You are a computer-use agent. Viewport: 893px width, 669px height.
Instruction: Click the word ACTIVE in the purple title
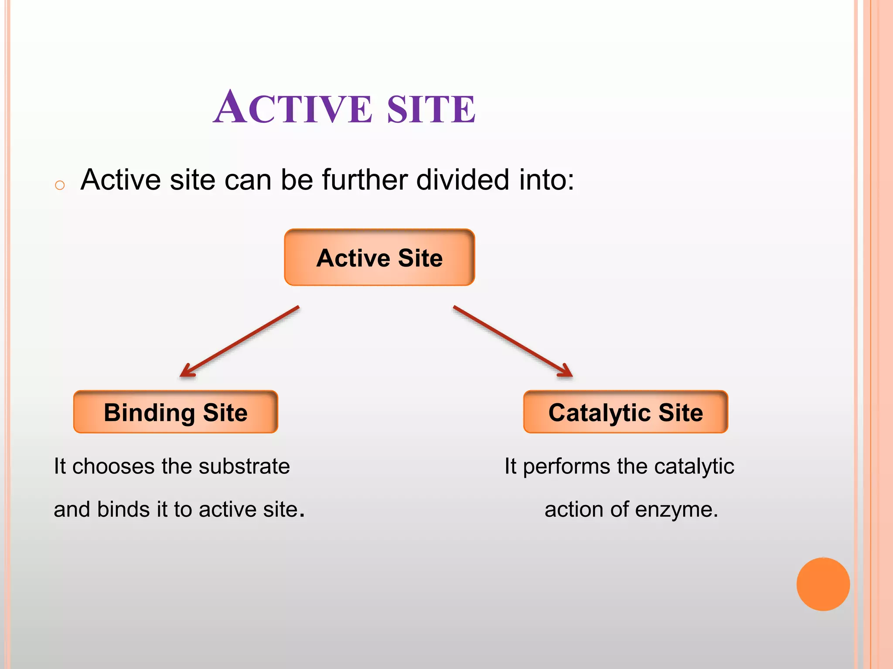tap(293, 107)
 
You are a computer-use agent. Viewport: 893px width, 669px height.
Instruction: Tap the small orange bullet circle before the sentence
tap(60, 185)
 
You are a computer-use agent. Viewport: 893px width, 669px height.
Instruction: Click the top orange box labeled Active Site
tap(379, 257)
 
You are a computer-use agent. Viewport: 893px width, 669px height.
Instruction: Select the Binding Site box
tap(175, 412)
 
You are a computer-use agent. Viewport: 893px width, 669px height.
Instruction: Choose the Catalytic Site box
tap(625, 412)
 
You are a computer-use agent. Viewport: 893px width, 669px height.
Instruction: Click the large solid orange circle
tap(823, 584)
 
